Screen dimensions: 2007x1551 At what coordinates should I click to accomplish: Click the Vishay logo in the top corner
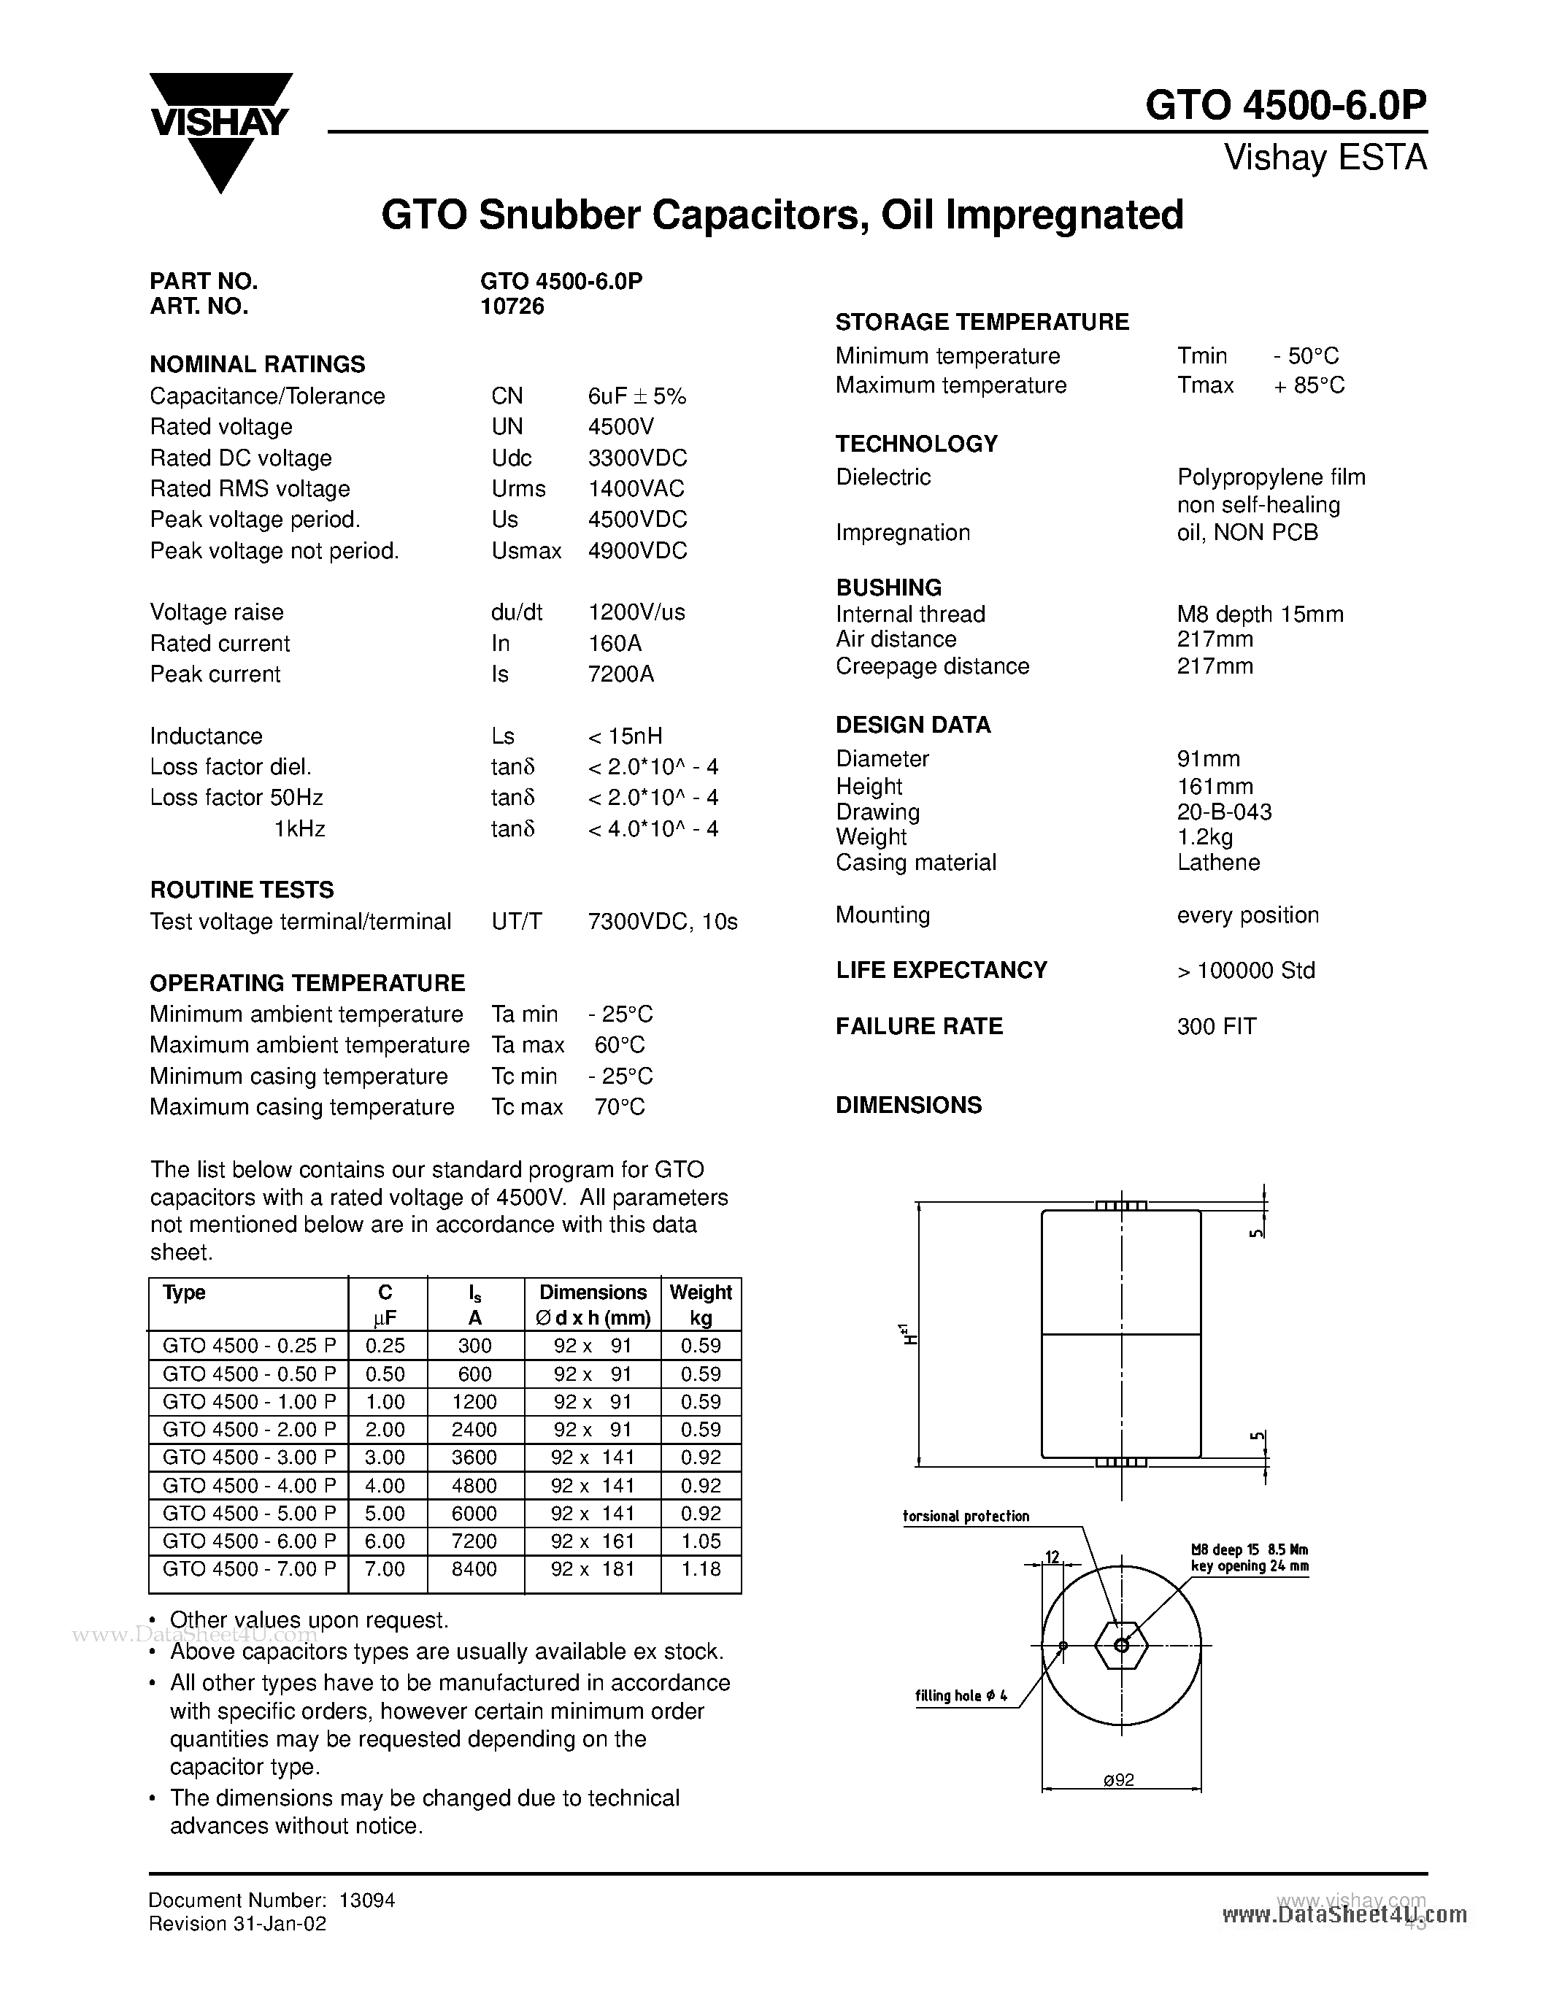point(220,128)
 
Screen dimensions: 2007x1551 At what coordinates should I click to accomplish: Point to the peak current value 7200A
point(620,674)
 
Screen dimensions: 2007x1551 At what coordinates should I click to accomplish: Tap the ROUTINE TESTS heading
point(242,890)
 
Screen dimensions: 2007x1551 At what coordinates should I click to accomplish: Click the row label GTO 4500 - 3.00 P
point(249,1457)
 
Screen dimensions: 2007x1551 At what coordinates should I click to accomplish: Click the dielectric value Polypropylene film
point(1271,477)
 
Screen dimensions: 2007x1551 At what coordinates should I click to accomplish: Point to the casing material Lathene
point(1217,862)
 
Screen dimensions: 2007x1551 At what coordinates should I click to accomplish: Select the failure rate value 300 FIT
point(1216,1025)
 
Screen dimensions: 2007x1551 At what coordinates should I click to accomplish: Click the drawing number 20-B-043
point(1224,812)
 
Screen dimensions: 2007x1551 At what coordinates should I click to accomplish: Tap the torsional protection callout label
point(966,1517)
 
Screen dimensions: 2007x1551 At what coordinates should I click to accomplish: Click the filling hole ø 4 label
point(961,1695)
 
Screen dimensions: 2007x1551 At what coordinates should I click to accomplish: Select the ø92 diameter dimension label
point(1118,1780)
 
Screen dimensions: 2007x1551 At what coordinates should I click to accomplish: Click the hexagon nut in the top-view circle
point(1121,1645)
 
